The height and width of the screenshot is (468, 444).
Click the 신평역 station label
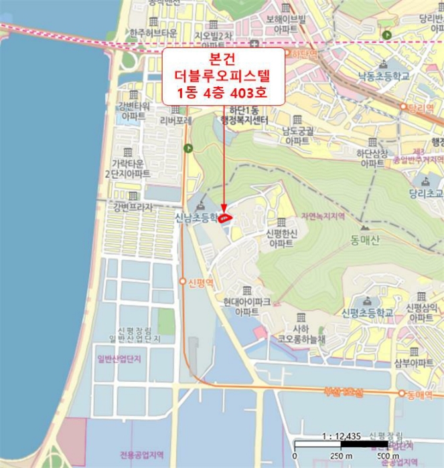pos(200,282)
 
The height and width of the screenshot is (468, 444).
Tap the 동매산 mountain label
pos(364,241)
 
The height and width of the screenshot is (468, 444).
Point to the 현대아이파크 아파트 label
pos(247,307)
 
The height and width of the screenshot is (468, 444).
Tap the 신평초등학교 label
pos(367,312)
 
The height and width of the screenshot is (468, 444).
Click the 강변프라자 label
pos(134,207)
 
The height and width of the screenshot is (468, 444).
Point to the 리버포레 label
pos(175,121)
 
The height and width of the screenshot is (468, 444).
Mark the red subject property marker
pos(226,217)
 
